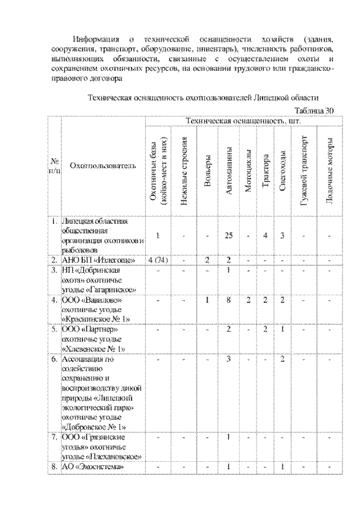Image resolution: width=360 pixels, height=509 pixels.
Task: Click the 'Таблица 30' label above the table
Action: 314,110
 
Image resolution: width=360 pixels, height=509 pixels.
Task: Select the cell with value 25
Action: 229,236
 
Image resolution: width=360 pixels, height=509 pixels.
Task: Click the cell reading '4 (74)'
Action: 159,260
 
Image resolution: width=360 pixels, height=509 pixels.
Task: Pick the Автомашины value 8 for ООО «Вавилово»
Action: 229,300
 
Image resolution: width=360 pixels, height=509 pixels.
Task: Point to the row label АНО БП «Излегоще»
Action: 98,260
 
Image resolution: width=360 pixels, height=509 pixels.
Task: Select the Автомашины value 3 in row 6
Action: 229,359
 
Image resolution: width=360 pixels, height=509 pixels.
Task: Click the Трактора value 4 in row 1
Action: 265,236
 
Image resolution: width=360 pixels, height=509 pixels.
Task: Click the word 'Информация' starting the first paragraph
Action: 97,40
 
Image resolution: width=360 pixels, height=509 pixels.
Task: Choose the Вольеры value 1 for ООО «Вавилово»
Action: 208,300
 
